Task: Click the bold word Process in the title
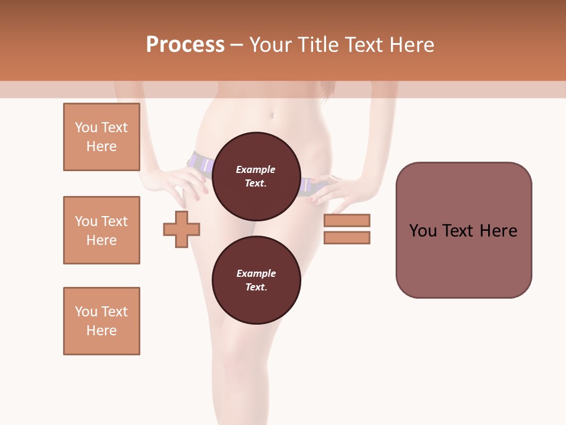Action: coord(185,45)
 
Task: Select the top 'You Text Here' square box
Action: coord(101,137)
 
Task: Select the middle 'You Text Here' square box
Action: coord(101,230)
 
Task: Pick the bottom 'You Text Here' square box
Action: coord(101,321)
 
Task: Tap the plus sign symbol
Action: coord(182,229)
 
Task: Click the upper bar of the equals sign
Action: coord(347,220)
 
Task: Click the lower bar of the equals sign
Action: coord(347,238)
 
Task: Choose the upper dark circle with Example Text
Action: coord(256,176)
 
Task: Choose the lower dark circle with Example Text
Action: coord(256,280)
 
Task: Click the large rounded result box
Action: coord(463,230)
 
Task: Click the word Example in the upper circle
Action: coord(256,169)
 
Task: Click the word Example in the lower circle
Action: coord(256,273)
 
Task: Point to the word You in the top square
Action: coord(85,127)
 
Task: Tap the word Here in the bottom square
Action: coord(101,331)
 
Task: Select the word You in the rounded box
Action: coord(423,231)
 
